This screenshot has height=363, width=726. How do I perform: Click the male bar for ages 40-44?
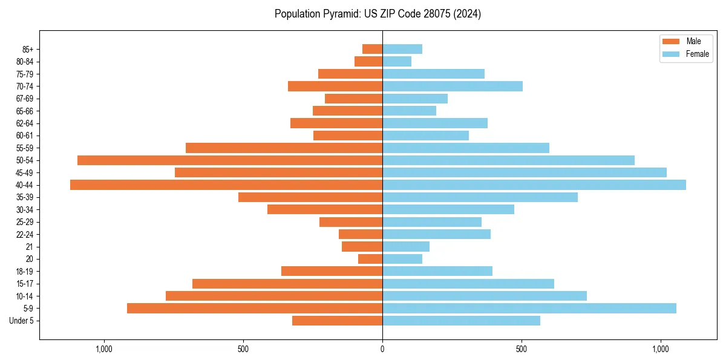[x=226, y=185]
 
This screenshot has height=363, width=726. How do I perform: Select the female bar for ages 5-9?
[x=529, y=309]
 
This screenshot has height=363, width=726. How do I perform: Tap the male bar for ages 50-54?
[x=230, y=160]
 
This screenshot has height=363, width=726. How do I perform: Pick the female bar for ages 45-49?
[x=525, y=172]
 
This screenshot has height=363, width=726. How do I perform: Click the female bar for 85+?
[x=402, y=49]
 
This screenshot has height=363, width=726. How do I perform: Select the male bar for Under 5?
[x=337, y=321]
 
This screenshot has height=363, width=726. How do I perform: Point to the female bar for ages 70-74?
[x=453, y=87]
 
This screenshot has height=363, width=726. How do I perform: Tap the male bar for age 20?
[x=370, y=259]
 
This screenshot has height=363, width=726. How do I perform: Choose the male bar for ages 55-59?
[x=284, y=148]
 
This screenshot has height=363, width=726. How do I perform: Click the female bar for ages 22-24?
[x=436, y=234]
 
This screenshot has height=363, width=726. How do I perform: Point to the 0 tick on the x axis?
[x=382, y=349]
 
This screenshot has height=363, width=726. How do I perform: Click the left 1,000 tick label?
[x=104, y=349]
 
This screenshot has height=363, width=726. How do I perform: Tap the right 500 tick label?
[x=522, y=349]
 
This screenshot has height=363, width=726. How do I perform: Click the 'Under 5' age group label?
[x=21, y=321]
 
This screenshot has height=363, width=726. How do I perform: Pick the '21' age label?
[x=29, y=247]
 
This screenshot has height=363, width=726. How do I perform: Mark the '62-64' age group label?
[x=25, y=123]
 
